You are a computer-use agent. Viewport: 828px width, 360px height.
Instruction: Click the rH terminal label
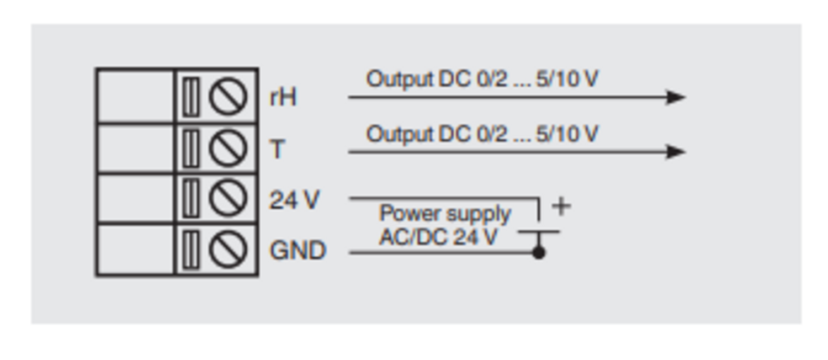click(283, 97)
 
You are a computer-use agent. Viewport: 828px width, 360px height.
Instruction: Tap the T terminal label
click(277, 149)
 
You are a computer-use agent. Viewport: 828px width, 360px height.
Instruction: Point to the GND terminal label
click(298, 251)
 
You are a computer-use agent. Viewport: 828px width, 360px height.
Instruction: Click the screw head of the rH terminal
click(227, 97)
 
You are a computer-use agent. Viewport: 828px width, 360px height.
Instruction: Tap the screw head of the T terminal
click(227, 149)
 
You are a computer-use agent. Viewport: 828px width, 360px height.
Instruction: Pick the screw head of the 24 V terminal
click(227, 199)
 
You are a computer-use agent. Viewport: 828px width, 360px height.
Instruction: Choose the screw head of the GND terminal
click(227, 250)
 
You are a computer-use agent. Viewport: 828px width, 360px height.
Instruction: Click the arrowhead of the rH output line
click(676, 97)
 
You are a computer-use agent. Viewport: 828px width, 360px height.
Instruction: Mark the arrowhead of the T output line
click(676, 151)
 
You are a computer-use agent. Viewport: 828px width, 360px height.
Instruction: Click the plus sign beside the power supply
click(561, 206)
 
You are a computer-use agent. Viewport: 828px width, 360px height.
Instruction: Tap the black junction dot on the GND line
click(539, 253)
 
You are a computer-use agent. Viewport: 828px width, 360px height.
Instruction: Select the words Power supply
click(445, 214)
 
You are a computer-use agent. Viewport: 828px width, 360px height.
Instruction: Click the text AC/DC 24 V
click(438, 237)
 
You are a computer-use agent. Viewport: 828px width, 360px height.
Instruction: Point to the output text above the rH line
click(482, 79)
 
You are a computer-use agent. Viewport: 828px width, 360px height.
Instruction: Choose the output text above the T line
click(482, 134)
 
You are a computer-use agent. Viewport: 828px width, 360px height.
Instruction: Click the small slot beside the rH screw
click(190, 97)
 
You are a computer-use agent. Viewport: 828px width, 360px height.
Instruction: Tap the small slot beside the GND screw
click(190, 250)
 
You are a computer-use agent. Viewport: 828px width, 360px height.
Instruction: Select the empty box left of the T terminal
click(135, 149)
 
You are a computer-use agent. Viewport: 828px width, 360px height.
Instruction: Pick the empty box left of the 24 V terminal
click(135, 199)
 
